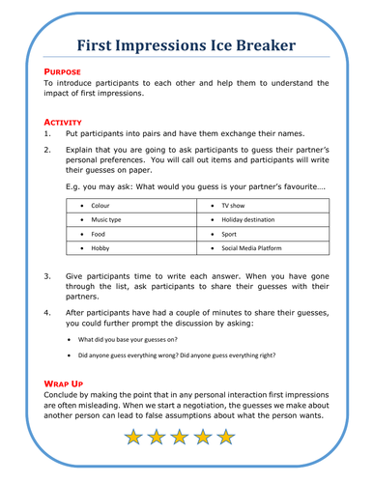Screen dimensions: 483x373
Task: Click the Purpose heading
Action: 63,72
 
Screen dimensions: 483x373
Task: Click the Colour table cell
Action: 99,206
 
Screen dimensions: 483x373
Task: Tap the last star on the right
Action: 225,438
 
